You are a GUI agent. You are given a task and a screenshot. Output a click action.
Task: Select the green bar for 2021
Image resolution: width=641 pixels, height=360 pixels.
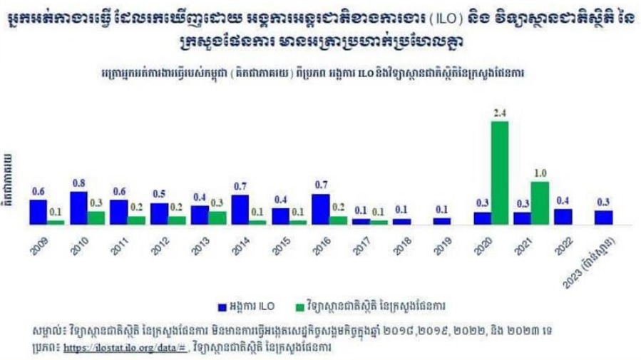click(540, 203)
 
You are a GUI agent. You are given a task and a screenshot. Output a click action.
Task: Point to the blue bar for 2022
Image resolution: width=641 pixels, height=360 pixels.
click(563, 217)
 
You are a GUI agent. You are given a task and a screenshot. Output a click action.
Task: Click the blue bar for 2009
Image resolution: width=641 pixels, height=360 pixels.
click(39, 212)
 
